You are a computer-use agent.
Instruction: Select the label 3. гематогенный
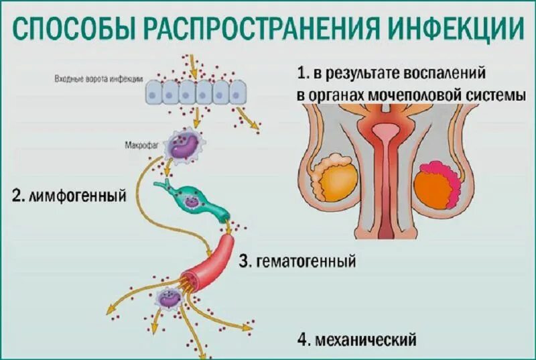tap(297, 261)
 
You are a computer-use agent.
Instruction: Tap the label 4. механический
tap(356, 339)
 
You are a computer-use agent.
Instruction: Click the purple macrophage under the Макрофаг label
tap(185, 147)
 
